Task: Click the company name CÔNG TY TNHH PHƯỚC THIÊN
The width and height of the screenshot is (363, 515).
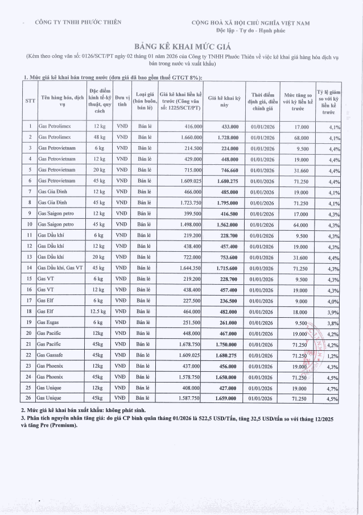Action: (x=79, y=22)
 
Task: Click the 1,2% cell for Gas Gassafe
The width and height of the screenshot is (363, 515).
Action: (x=334, y=354)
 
